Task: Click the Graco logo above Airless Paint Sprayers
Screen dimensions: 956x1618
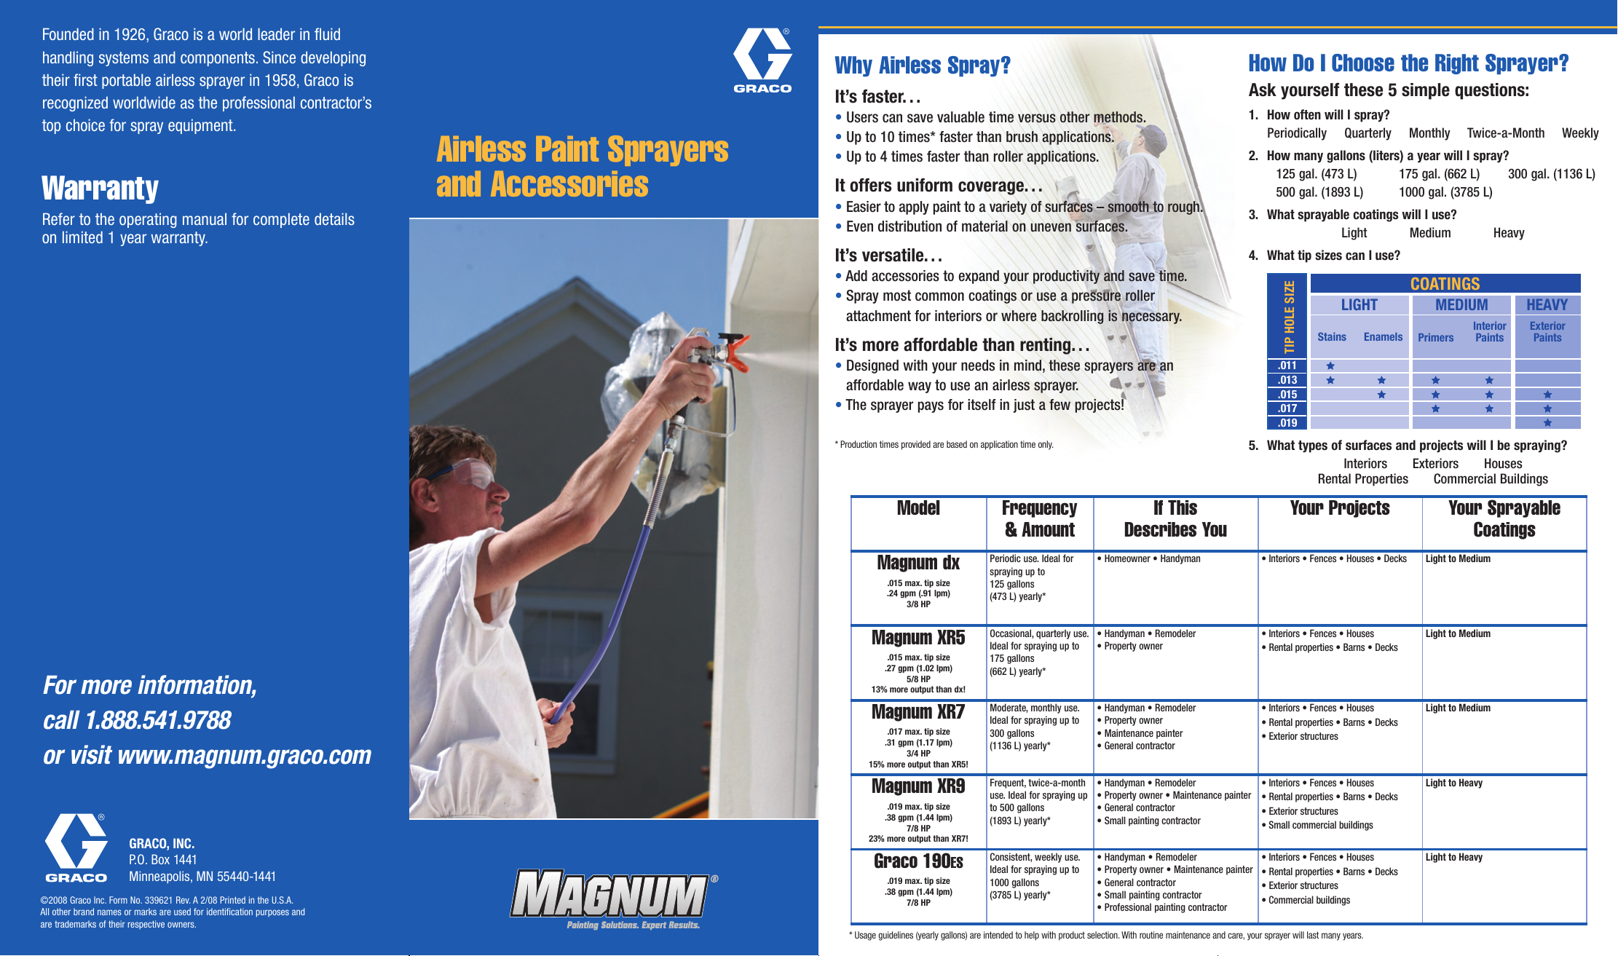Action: click(762, 60)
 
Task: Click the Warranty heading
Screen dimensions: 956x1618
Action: click(100, 188)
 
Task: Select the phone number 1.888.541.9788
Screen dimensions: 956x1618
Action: click(158, 720)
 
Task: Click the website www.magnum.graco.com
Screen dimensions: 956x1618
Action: click(244, 755)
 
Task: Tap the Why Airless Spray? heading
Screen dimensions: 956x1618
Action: click(922, 66)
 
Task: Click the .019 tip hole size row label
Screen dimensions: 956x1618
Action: click(1287, 423)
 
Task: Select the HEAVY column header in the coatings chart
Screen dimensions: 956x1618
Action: click(1547, 305)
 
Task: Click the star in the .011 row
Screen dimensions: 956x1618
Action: click(1330, 366)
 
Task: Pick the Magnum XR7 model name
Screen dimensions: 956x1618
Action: click(917, 712)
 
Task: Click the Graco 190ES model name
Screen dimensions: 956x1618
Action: click(917, 861)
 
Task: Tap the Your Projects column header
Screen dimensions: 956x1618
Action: click(1339, 508)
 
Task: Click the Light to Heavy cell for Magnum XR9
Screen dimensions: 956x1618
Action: click(1453, 783)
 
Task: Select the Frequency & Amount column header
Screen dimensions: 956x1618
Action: click(1039, 518)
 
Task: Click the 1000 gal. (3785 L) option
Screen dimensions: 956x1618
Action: click(1445, 192)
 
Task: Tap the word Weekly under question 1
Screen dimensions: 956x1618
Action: click(1579, 133)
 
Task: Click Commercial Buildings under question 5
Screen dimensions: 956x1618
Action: click(1490, 479)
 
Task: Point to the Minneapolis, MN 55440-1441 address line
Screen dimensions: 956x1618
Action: click(202, 877)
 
